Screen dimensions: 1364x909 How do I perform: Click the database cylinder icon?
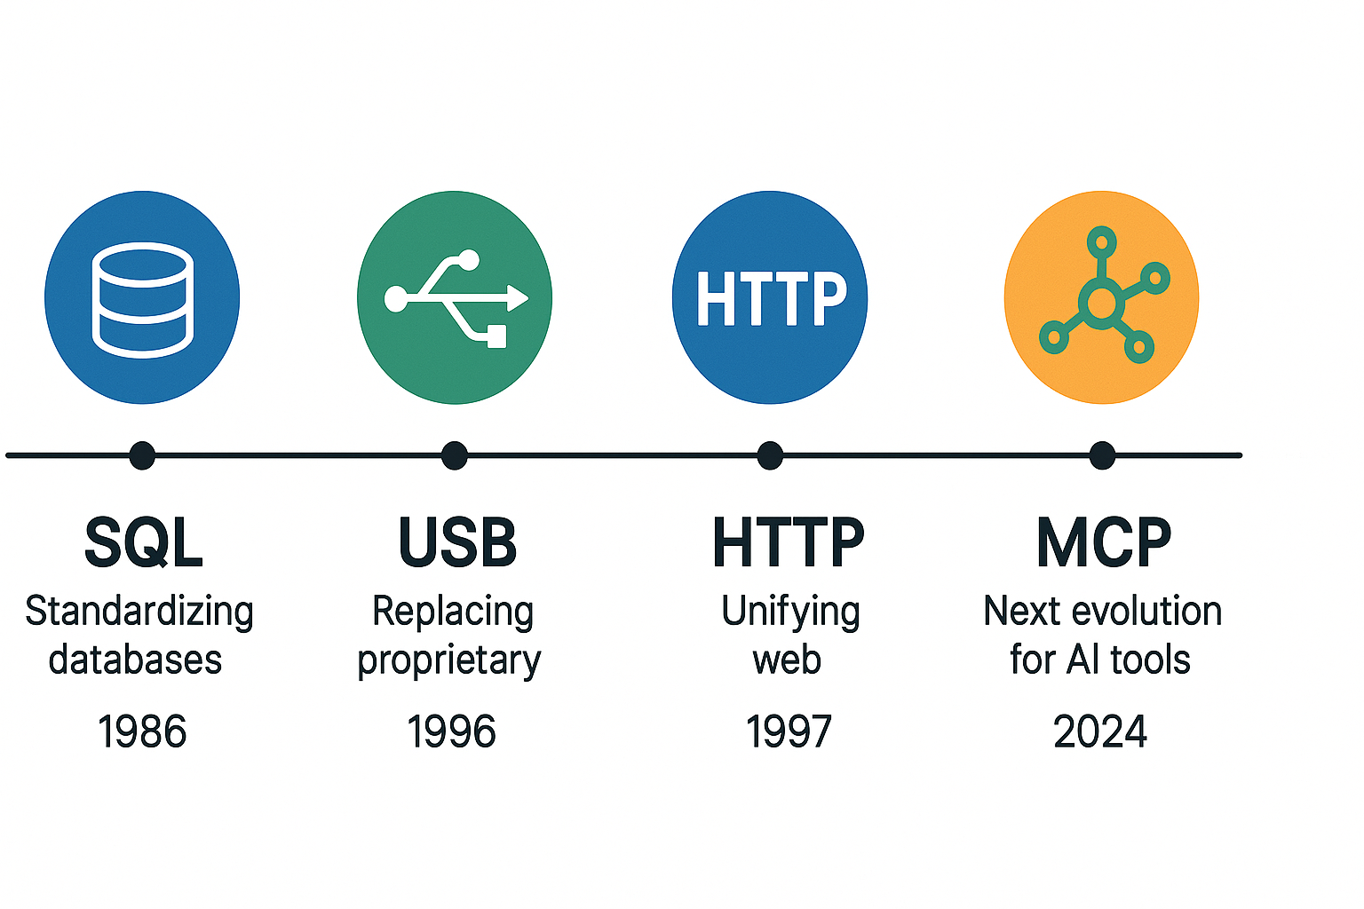142,299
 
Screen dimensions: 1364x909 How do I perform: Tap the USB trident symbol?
456,298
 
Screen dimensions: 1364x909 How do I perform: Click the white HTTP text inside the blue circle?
771,298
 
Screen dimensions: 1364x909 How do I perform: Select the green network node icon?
1104,296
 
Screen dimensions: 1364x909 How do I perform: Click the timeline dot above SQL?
142,455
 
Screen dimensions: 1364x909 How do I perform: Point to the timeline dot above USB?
455,455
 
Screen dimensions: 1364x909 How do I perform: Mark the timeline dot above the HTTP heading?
770,455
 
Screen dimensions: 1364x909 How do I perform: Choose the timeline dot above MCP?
1102,455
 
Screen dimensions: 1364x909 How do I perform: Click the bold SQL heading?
144,542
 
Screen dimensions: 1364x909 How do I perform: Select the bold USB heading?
457,541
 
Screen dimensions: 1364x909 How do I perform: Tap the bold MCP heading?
1104,541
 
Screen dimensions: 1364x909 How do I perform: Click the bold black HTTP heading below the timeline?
789,541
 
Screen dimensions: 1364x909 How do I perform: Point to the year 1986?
142,731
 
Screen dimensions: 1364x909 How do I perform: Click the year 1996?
451,731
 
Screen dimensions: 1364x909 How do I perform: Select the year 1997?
789,731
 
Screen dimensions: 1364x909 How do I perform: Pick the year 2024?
1100,731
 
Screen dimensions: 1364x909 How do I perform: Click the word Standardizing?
139,613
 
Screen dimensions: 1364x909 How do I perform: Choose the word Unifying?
790,613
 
